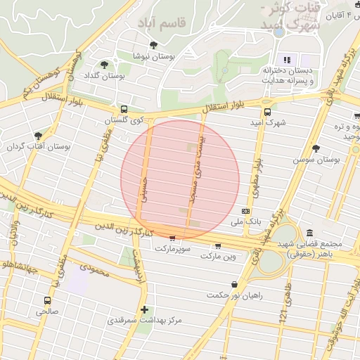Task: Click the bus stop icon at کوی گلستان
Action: point(124,110)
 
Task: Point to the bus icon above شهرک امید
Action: point(267,112)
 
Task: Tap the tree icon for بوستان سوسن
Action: point(316,148)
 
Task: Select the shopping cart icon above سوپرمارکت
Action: point(173,238)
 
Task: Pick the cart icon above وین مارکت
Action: point(218,245)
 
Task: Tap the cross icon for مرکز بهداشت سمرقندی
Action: point(144,309)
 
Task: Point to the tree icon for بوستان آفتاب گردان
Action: point(38,136)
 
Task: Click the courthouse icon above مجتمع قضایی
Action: point(309,233)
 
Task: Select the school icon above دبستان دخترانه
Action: point(287,60)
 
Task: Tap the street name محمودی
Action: point(94,269)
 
